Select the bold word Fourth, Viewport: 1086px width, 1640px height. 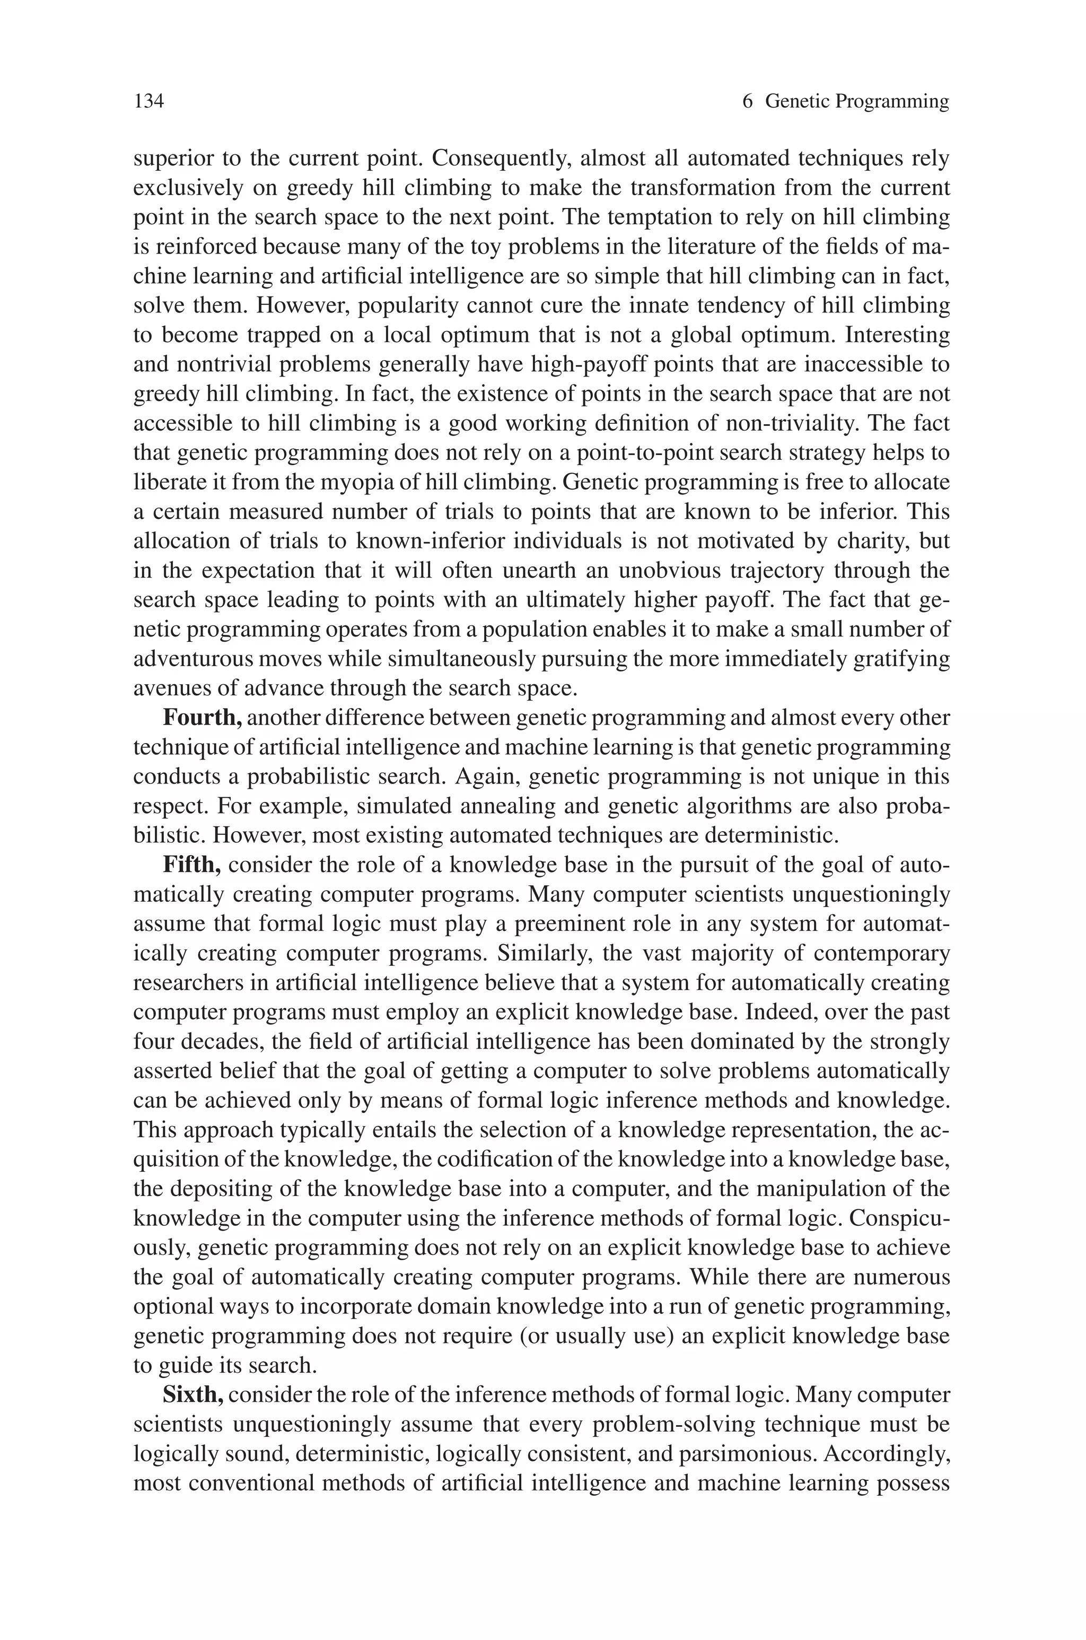click(x=202, y=718)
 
